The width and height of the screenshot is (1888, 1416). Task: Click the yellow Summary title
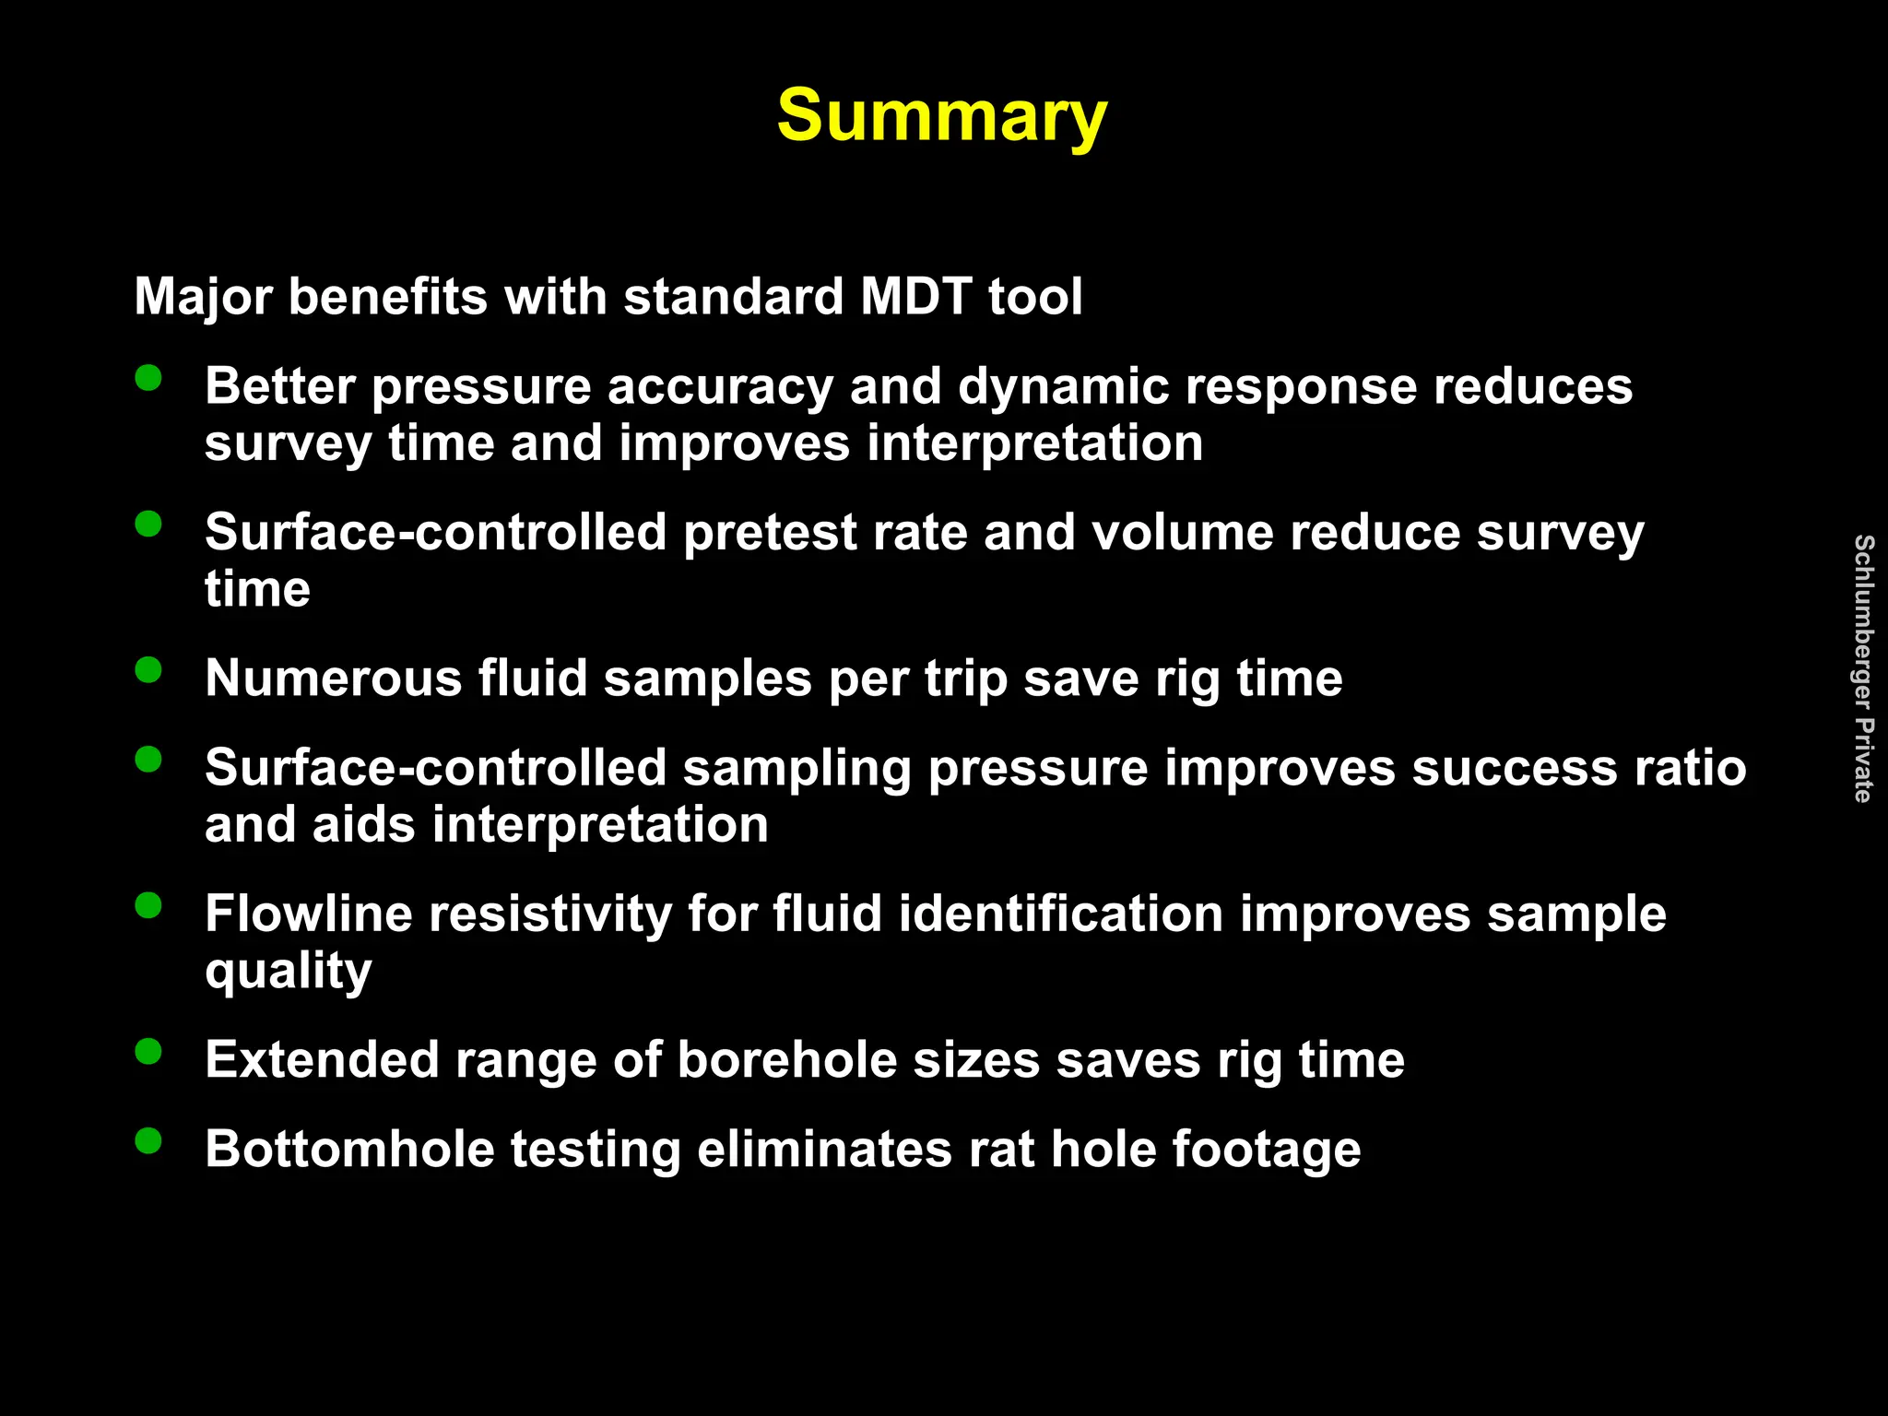pos(941,116)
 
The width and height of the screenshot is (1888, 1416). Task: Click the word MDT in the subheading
pos(915,297)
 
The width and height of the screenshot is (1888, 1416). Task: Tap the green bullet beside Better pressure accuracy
pos(148,378)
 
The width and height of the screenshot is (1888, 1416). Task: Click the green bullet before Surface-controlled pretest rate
pos(148,524)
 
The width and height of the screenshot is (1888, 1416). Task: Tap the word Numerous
pos(333,678)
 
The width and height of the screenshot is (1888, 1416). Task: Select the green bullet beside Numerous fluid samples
pos(148,669)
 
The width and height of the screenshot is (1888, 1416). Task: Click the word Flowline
pos(308,914)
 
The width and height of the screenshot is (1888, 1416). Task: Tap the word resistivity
pos(550,914)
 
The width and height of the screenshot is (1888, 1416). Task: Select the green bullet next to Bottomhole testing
pos(148,1140)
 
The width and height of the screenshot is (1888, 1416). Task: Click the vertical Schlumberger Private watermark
pos(1863,667)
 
